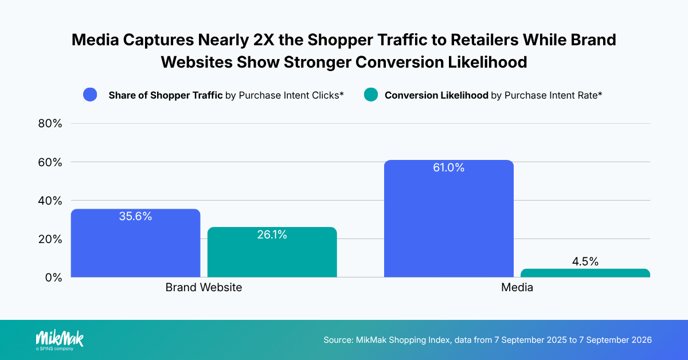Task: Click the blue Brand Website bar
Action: (x=135, y=243)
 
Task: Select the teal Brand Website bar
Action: (x=272, y=252)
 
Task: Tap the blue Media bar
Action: (x=449, y=219)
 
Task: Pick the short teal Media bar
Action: (x=585, y=273)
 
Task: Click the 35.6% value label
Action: (x=135, y=216)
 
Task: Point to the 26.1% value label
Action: (x=272, y=234)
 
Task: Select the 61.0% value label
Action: (x=449, y=167)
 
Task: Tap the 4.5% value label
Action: (x=585, y=261)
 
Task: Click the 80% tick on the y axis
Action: (x=50, y=123)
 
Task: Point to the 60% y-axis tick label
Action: (x=50, y=162)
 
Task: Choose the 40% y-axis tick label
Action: (x=50, y=201)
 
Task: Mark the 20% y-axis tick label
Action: (x=50, y=239)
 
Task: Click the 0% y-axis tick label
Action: (x=53, y=277)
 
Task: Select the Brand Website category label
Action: (x=204, y=287)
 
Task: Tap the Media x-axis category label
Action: (x=517, y=287)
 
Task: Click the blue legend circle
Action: (x=90, y=95)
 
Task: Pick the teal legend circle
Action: (x=371, y=95)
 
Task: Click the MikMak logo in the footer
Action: (x=60, y=340)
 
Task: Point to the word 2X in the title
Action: (x=264, y=40)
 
